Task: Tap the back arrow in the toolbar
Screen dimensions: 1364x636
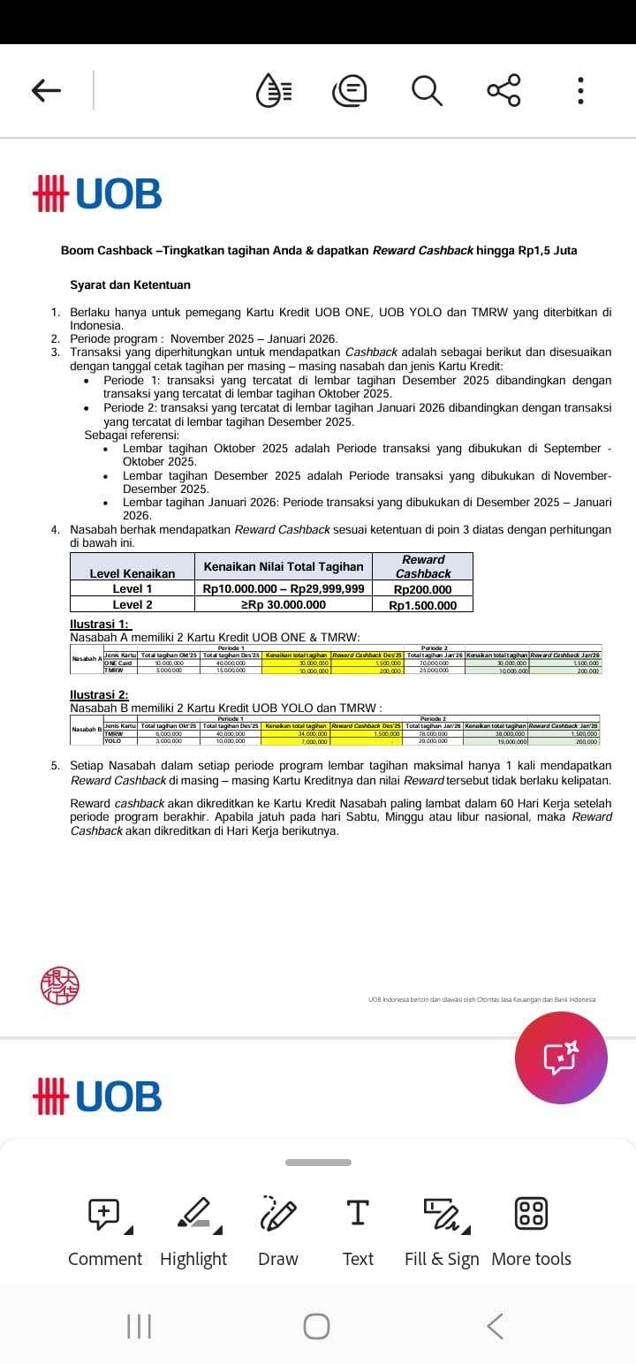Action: point(46,90)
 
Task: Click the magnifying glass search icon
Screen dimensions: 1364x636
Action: point(427,90)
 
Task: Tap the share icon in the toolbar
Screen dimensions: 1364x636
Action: point(503,90)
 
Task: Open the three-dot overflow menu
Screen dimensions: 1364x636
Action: point(580,90)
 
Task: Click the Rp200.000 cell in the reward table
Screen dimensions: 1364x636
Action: point(422,589)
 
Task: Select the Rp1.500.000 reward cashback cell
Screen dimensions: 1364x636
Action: point(422,605)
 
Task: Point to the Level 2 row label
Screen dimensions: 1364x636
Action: point(132,605)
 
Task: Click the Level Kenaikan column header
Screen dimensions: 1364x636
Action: point(132,573)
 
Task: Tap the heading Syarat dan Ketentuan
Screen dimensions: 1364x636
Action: point(131,285)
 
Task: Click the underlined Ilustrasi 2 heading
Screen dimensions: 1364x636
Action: point(99,695)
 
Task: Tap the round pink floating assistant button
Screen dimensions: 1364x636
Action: point(561,1057)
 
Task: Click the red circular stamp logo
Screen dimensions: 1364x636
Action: point(60,985)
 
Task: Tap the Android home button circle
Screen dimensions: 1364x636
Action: point(316,1326)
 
